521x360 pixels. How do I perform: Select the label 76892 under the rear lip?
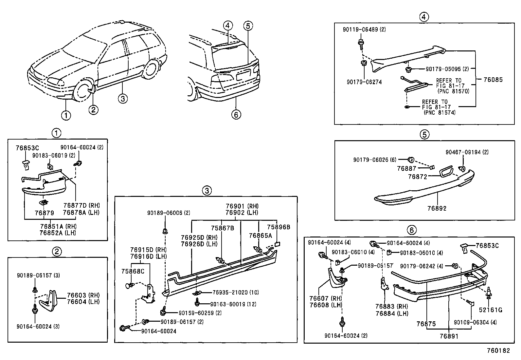(x=437, y=208)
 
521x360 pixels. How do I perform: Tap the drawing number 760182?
(x=498, y=351)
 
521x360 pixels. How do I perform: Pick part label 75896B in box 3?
(x=278, y=227)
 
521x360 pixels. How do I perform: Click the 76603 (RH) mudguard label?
(x=83, y=295)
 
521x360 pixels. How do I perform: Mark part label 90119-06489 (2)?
(x=364, y=29)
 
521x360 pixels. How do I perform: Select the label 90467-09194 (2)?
(x=467, y=152)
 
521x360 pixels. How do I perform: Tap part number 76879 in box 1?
(x=44, y=213)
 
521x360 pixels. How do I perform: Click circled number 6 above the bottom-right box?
(x=412, y=230)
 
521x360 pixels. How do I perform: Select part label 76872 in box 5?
(x=417, y=177)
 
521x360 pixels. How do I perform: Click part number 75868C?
(x=133, y=271)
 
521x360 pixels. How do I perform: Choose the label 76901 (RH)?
(x=242, y=206)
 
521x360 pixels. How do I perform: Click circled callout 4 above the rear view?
(x=228, y=26)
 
